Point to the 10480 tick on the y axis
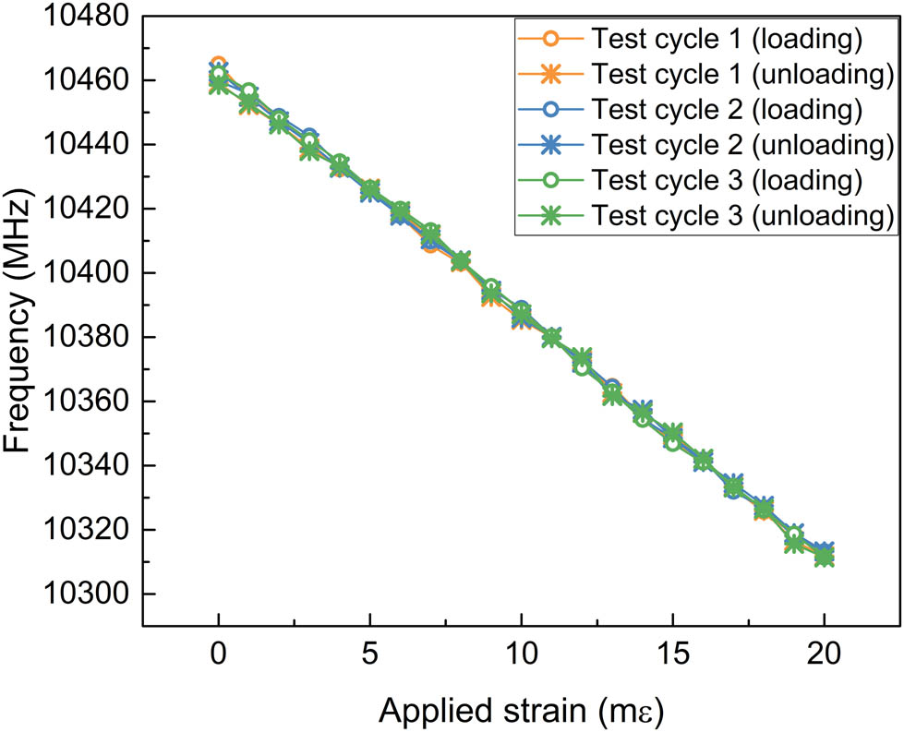[86, 17]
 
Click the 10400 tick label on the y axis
[86, 273]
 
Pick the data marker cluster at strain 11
[551, 337]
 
